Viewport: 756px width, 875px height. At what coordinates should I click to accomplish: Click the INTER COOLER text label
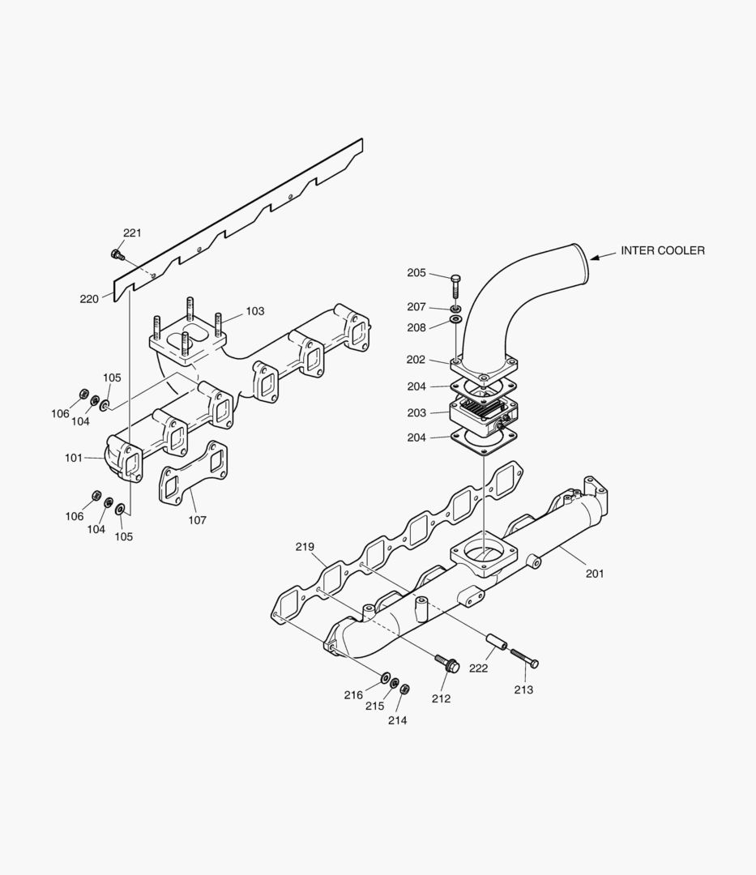[x=662, y=250]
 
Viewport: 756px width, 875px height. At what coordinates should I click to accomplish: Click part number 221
[x=132, y=233]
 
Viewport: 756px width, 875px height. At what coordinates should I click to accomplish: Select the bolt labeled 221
[x=117, y=255]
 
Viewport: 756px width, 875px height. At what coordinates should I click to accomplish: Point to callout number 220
[x=89, y=299]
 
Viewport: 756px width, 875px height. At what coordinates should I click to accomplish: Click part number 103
[x=255, y=311]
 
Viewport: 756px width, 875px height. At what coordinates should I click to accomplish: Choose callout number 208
[x=416, y=328]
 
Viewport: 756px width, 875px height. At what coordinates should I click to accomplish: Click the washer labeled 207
[x=456, y=309]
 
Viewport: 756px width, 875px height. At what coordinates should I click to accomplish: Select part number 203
[x=416, y=413]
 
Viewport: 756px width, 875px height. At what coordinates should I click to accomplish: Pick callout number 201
[x=595, y=574]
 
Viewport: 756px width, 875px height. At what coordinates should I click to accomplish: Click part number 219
[x=305, y=547]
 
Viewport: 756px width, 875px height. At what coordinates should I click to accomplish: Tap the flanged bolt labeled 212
[x=447, y=664]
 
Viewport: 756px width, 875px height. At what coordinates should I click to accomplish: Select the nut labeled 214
[x=405, y=689]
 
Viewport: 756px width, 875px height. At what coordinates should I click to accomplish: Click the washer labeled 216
[x=385, y=676]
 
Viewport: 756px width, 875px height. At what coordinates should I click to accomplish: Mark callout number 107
[x=197, y=520]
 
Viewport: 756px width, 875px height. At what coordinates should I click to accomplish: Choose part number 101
[x=74, y=458]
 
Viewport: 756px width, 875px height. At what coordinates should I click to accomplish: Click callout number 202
[x=416, y=359]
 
